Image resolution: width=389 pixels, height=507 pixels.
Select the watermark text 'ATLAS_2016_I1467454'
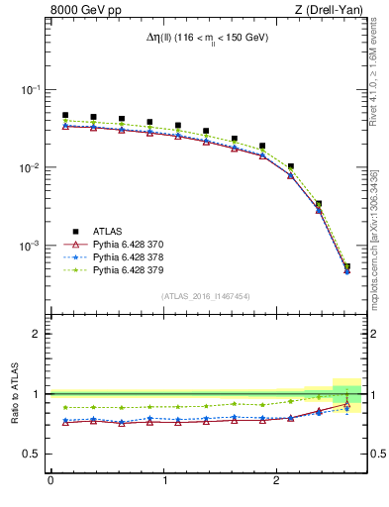pos(205,295)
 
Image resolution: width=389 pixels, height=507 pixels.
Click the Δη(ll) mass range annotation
pos(206,38)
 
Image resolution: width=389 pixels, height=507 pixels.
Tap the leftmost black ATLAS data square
pos(65,115)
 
